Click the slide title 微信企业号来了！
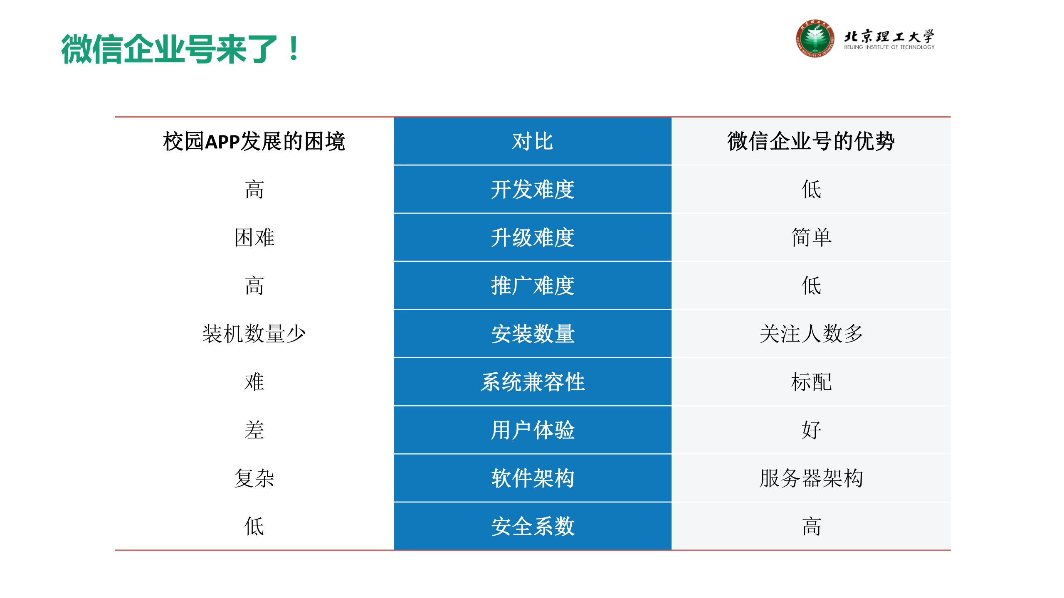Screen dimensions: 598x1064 click(180, 49)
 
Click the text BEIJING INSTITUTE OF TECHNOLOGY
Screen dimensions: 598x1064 click(889, 47)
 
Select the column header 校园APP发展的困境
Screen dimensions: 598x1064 click(254, 141)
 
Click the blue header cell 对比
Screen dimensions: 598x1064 click(532, 141)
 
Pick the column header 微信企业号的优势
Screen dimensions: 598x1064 click(811, 141)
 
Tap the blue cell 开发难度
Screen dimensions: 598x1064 click(532, 189)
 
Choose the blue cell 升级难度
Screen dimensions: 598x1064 click(532, 238)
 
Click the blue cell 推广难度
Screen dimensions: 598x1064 click(532, 286)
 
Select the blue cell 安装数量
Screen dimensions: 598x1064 click(532, 334)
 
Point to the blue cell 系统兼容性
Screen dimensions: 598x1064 click(532, 382)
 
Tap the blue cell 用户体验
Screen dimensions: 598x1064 click(532, 430)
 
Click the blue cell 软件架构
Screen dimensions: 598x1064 click(532, 478)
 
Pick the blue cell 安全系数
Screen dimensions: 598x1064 click(532, 526)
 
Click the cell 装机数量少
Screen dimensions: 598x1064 click(254, 334)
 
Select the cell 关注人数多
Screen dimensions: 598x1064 click(811, 334)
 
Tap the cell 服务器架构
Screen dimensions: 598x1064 click(811, 478)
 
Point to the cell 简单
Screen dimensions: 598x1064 click(811, 238)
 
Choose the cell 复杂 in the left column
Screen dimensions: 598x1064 click(254, 478)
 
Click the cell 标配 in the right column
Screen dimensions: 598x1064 click(811, 382)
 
